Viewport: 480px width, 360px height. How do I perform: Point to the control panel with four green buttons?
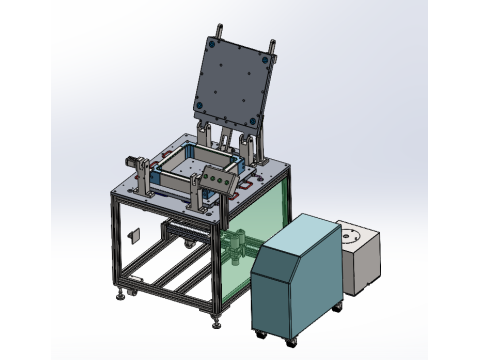[216, 179]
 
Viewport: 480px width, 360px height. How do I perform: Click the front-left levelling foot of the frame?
[124, 294]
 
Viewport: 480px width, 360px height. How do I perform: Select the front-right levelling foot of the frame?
[219, 322]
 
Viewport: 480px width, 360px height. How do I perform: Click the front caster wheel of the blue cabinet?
[262, 333]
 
